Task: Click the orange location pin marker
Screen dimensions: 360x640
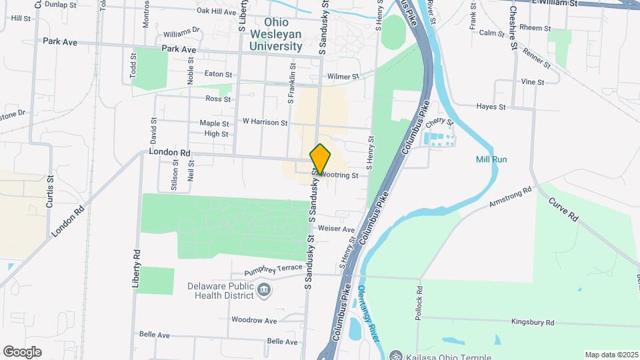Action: (321, 159)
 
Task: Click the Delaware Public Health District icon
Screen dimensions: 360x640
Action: (265, 290)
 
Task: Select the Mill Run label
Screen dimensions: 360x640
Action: (491, 159)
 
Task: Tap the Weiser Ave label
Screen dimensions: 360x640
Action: (337, 229)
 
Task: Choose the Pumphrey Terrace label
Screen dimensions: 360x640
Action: (273, 269)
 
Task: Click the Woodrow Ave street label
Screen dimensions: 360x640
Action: (253, 321)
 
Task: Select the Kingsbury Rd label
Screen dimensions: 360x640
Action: (533, 322)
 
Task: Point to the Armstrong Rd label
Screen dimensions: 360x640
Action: (511, 195)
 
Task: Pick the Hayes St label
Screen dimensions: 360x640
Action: (491, 107)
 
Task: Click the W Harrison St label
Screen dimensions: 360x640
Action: (265, 122)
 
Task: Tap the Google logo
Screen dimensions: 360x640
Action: (22, 351)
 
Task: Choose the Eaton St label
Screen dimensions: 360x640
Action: (218, 74)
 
